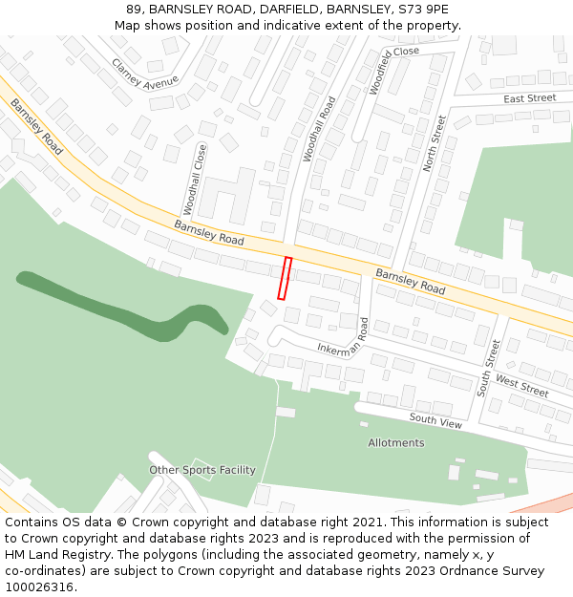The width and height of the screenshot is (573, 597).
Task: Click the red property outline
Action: pos(284,278)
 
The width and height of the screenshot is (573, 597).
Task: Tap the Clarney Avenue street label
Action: pos(144,74)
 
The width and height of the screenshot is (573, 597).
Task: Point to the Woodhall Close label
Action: pos(195,179)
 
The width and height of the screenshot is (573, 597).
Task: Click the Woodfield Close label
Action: pos(392,68)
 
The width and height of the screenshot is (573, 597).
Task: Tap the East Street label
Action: pos(529,98)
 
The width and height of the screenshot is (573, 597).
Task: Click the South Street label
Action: pos(488,367)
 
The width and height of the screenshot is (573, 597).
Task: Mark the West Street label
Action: pos(521,387)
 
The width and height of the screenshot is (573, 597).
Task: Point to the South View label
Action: pos(435,420)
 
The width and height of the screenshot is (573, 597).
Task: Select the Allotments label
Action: pos(396,443)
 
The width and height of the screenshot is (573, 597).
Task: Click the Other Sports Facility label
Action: pos(202,470)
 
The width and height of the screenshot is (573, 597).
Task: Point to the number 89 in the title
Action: pos(133,10)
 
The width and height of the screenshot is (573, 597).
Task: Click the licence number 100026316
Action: pos(39,586)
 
